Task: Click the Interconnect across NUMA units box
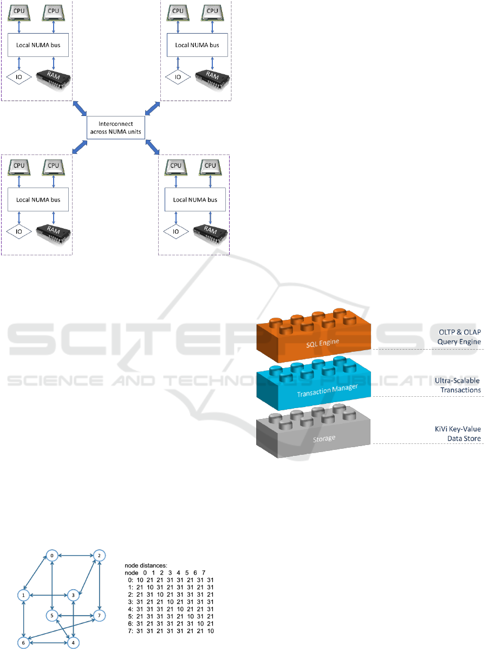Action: pyautogui.click(x=116, y=127)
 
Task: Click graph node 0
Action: pyautogui.click(x=52, y=556)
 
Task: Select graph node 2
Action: pyautogui.click(x=99, y=556)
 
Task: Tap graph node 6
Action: pyautogui.click(x=24, y=643)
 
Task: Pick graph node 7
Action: pyautogui.click(x=99, y=616)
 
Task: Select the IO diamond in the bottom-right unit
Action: pyautogui.click(x=175, y=232)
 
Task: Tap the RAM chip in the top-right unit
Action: pyautogui.click(x=210, y=78)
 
